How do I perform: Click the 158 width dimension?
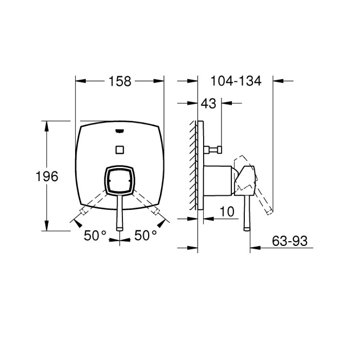tap(119, 81)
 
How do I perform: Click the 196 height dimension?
tap(47, 176)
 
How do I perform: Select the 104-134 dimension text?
tap(236, 81)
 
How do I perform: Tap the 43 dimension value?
tap(208, 103)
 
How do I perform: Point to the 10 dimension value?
tap(227, 211)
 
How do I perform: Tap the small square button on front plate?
tap(120, 150)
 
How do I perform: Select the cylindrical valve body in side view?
tap(220, 181)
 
